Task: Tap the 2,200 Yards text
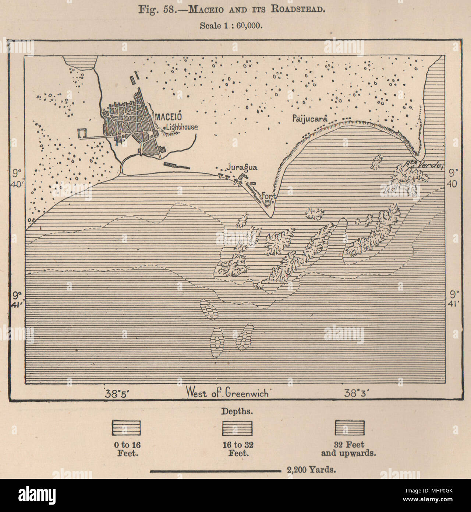309,470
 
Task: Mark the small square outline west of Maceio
82,133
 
